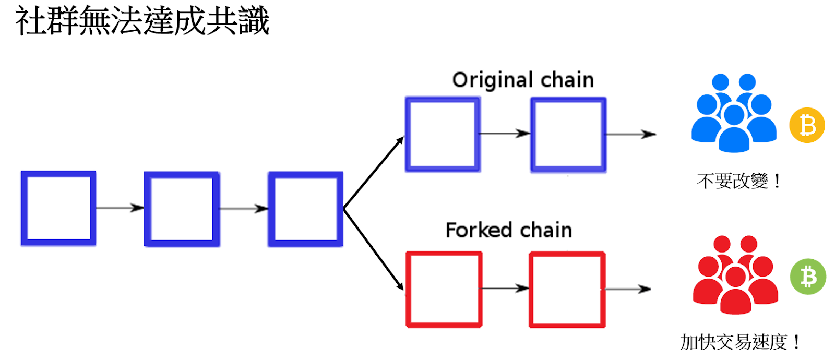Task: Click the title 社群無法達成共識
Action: [142, 21]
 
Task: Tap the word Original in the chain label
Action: [493, 80]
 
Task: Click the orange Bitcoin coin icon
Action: [807, 125]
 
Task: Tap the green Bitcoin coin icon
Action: [808, 277]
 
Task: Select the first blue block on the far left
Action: [58, 208]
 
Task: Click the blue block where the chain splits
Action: [306, 209]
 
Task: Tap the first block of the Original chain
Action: [443, 135]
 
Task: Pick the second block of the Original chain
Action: [568, 135]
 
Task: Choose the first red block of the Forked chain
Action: [444, 290]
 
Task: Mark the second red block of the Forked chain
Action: [567, 290]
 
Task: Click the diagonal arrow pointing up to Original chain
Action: [374, 173]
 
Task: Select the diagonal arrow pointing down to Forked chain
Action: [374, 249]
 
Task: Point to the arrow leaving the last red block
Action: [628, 289]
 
